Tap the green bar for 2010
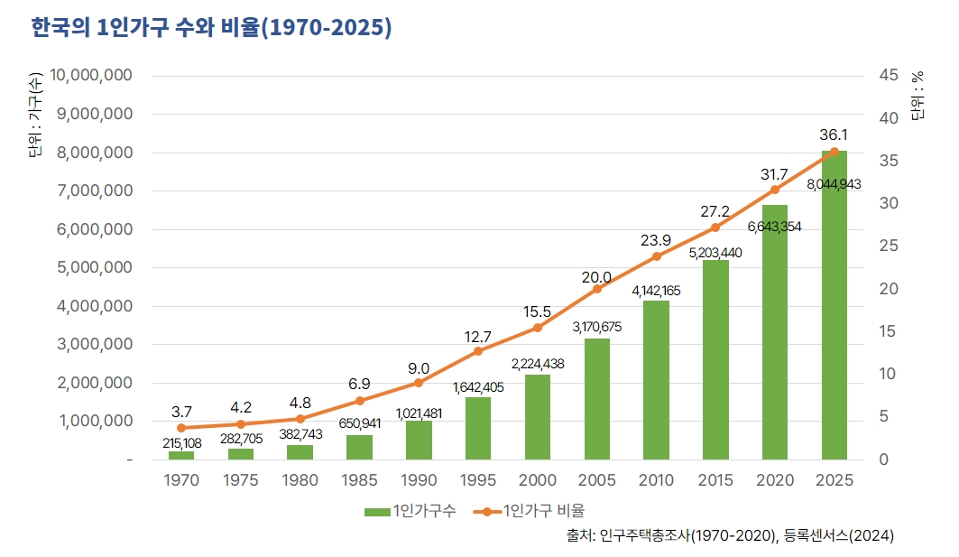656,380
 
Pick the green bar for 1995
478,428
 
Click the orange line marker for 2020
774,190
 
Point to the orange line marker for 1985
359,401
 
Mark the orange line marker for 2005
596,289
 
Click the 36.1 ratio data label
834,135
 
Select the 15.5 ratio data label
537,311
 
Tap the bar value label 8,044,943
834,184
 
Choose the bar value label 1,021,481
419,413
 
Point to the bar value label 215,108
181,443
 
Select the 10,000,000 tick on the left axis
88,76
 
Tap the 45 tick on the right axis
887,76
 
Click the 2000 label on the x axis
537,480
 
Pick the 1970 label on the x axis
181,480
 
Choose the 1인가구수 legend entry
410,511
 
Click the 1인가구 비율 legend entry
532,511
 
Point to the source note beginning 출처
730,535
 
